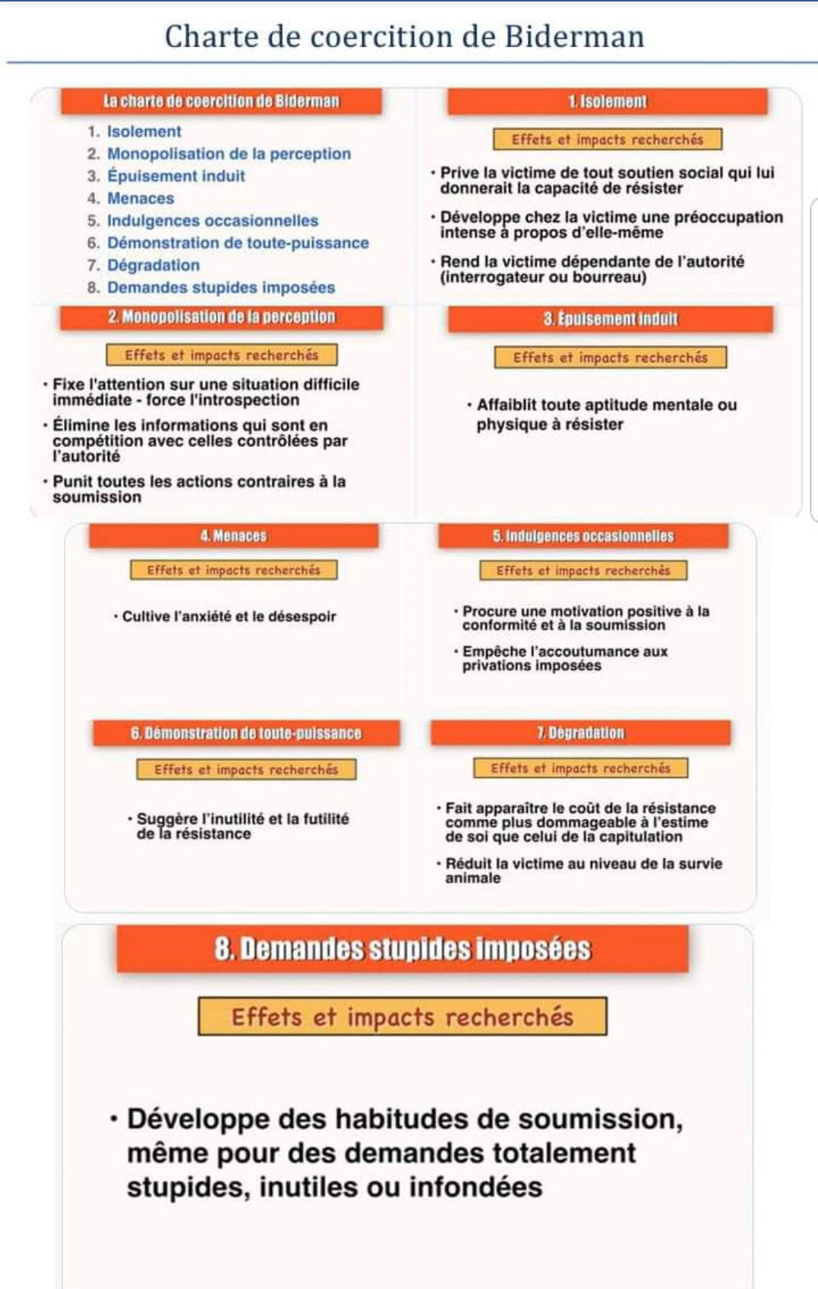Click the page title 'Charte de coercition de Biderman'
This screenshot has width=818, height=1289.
[404, 36]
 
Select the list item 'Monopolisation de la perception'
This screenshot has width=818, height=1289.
[229, 153]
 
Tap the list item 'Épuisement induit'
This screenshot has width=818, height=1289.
[175, 176]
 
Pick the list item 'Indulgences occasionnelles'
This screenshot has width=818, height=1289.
[213, 221]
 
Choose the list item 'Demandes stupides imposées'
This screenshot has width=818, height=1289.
[220, 288]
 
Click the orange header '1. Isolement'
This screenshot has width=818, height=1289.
[608, 102]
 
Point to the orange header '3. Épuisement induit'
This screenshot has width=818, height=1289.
[610, 320]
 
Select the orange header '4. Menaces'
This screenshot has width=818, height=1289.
[233, 536]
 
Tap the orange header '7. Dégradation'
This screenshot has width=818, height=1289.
[580, 733]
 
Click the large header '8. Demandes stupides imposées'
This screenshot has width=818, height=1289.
[403, 949]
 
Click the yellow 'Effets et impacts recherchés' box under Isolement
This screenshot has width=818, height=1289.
[607, 140]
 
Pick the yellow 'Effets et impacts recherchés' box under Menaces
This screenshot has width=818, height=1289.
[233, 570]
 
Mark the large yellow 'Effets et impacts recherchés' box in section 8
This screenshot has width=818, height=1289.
[403, 1016]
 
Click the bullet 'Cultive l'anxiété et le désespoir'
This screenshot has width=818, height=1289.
[228, 616]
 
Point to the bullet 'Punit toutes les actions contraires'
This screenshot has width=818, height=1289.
[198, 489]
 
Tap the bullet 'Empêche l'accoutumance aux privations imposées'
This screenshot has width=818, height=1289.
[564, 658]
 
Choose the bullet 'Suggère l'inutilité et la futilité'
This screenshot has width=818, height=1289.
[242, 826]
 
